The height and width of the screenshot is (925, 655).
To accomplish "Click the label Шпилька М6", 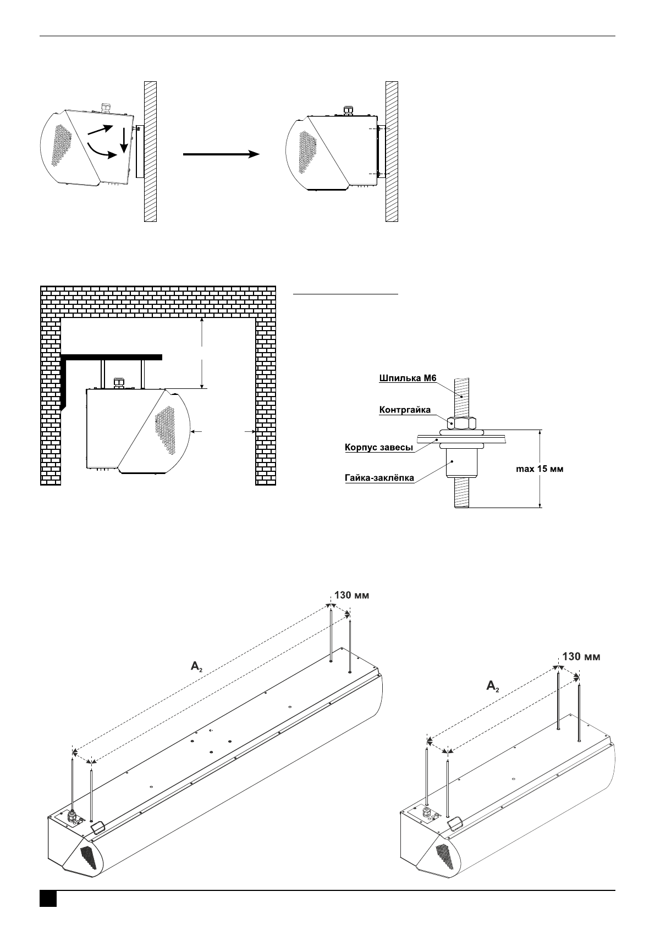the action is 408,378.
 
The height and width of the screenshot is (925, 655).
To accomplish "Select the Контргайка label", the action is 405,410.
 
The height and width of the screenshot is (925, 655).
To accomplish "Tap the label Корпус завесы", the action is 379,447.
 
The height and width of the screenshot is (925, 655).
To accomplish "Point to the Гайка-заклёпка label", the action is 379,478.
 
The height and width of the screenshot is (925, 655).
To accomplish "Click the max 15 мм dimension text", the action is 540,469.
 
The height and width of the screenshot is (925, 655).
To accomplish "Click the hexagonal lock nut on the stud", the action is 462,423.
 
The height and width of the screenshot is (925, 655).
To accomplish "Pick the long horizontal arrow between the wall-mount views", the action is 221,154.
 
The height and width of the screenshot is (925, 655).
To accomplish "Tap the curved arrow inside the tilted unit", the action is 102,151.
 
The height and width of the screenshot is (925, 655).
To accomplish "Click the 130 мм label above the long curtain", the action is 351,595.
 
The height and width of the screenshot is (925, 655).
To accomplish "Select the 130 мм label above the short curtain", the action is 581,656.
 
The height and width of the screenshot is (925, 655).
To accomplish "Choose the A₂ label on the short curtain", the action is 493,686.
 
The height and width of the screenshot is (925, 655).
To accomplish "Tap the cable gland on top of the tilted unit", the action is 105,108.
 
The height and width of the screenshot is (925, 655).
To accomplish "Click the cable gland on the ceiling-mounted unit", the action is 119,382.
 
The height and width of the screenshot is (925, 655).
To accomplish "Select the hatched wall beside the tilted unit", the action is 151,152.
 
